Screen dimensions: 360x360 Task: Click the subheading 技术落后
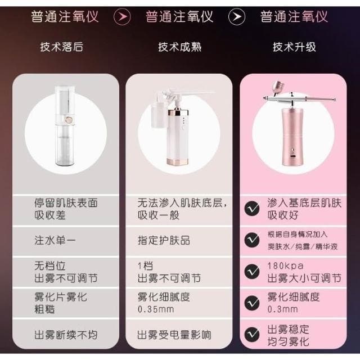click(x=62, y=47)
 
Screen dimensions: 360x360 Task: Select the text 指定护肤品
click(x=164, y=240)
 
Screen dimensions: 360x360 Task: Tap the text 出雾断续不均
click(x=66, y=335)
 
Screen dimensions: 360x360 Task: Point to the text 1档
click(x=146, y=265)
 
